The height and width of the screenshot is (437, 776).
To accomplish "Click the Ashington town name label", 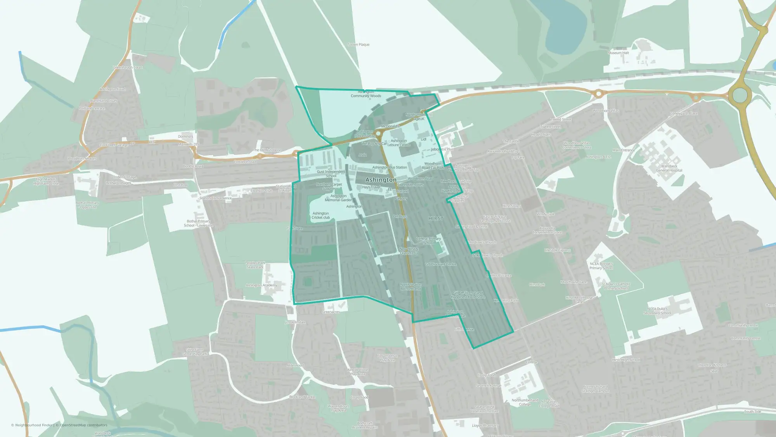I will pyautogui.click(x=381, y=180).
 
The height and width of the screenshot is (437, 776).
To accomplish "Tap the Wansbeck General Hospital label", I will pyautogui.click(x=669, y=168).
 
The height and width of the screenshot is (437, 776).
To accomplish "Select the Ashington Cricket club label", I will pyautogui.click(x=320, y=215).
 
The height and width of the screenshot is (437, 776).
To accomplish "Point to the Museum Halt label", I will pyautogui.click(x=618, y=53).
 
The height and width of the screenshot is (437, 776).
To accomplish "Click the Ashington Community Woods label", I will pyautogui.click(x=366, y=94).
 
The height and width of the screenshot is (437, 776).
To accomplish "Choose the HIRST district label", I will pyautogui.click(x=436, y=219).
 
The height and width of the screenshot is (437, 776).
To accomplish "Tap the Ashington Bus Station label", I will pyautogui.click(x=390, y=167).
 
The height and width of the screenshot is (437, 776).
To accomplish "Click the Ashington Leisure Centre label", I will pyautogui.click(x=399, y=143).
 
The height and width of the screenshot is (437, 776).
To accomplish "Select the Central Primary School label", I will pyautogui.click(x=428, y=240).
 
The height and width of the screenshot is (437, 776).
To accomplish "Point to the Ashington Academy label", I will pyautogui.click(x=261, y=285).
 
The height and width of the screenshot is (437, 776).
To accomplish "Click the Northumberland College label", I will pyautogui.click(x=525, y=402).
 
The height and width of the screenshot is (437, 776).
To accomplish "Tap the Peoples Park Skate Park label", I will pyautogui.click(x=255, y=265).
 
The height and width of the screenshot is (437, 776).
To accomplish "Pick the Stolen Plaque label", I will pyautogui.click(x=359, y=45).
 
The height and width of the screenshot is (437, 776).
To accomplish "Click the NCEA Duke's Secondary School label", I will pyautogui.click(x=657, y=311).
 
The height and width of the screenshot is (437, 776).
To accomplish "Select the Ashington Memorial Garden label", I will pyautogui.click(x=338, y=198).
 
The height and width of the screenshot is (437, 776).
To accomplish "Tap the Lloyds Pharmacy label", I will pyautogui.click(x=485, y=425).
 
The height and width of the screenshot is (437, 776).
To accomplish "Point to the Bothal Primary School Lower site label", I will pyautogui.click(x=198, y=223).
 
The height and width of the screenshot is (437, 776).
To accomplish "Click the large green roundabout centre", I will pyautogui.click(x=740, y=96).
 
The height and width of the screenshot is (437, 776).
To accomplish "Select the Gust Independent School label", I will pyautogui.click(x=331, y=174).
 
